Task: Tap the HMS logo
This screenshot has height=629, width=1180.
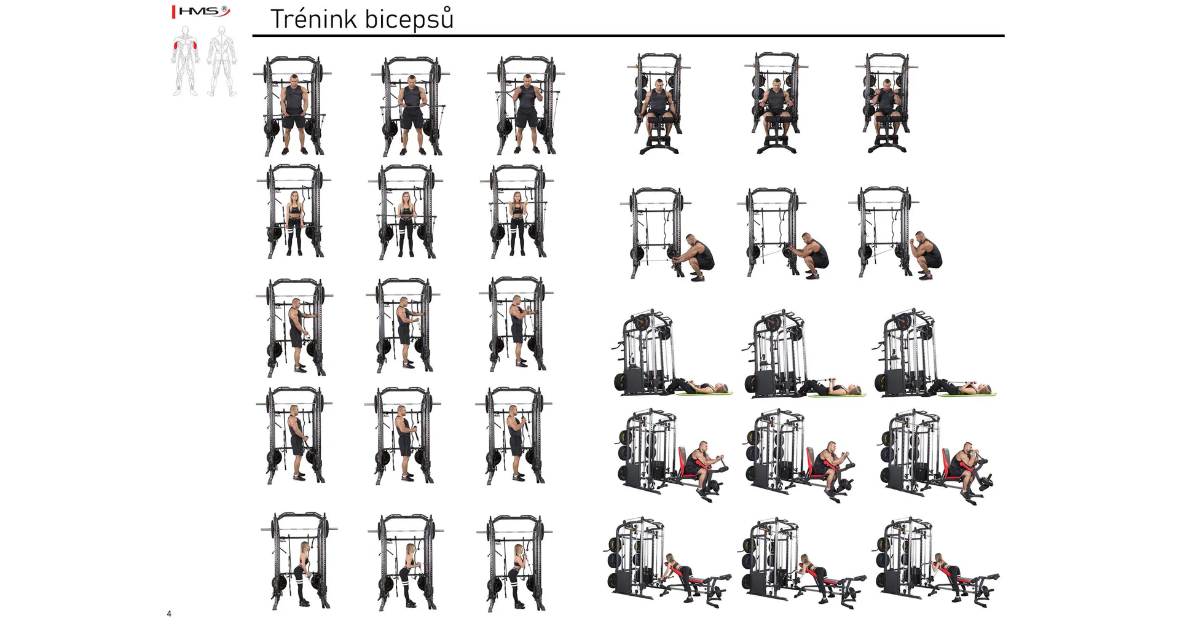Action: coord(200,11)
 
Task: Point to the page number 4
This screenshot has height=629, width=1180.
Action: coord(169,614)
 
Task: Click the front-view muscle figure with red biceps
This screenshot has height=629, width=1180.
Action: coord(185,60)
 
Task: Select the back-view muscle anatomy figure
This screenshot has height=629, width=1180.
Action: coord(221,61)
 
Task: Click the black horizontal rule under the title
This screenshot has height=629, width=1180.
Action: coord(628,36)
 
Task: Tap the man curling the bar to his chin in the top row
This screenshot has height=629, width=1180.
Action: coord(527,114)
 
